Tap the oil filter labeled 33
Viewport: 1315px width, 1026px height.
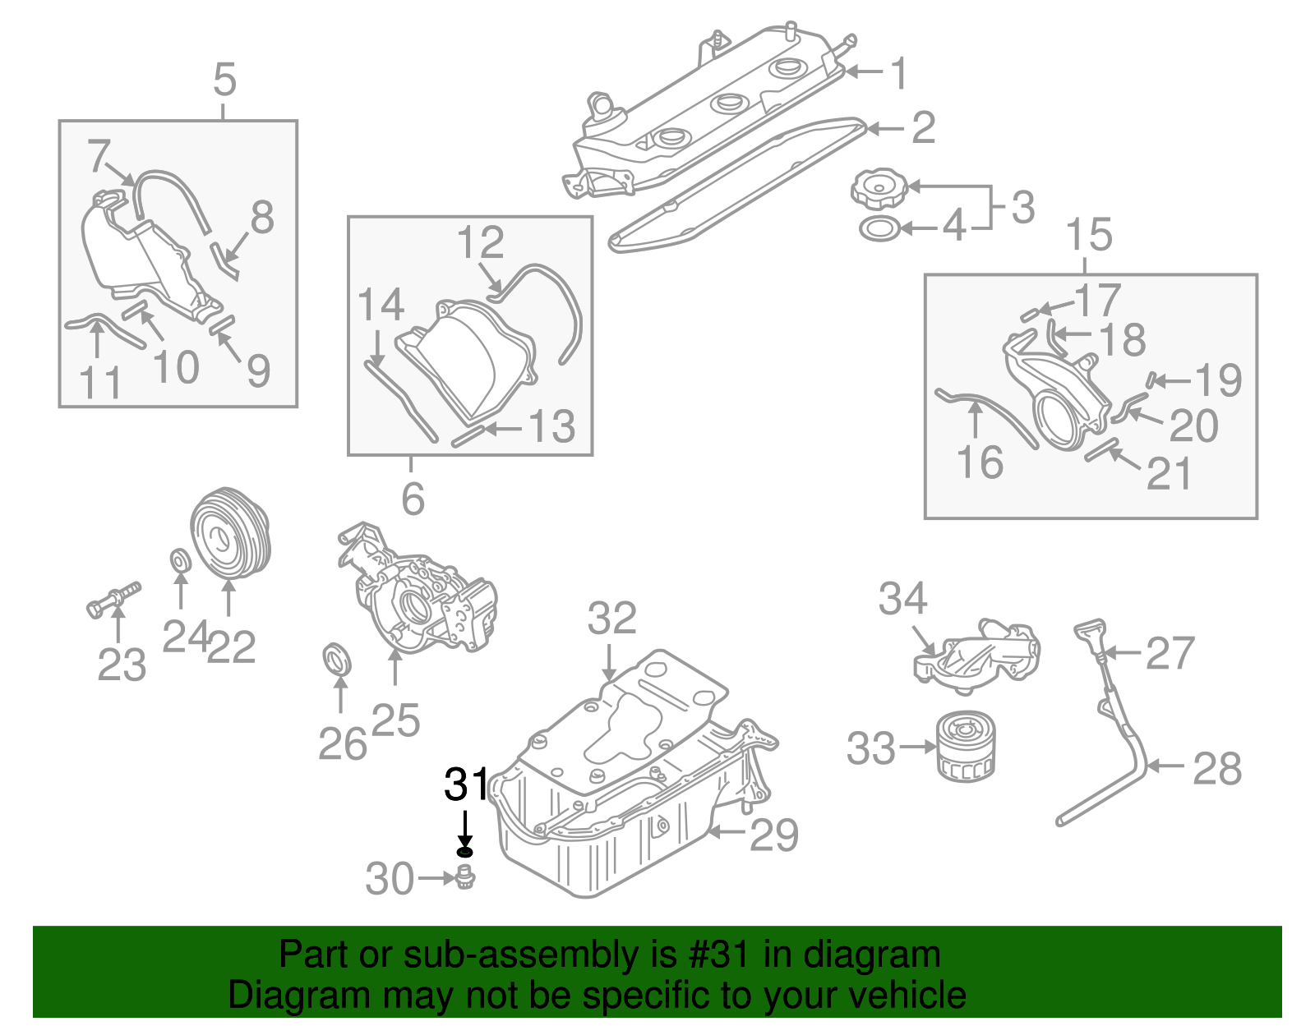tap(966, 746)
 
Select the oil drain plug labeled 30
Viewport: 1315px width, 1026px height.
tap(466, 878)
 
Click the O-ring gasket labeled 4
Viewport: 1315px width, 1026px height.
tap(879, 229)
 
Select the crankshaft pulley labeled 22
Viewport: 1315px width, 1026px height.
tap(229, 534)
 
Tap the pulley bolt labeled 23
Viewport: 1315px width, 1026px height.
tap(113, 599)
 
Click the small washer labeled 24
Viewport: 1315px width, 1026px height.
tap(179, 560)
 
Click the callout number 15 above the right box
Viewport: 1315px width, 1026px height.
tap(1089, 235)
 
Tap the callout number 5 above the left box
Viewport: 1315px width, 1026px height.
tap(224, 81)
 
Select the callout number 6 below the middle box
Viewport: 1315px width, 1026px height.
tap(413, 499)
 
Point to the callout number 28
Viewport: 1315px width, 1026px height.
tap(1216, 769)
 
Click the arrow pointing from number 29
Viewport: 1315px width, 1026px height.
tap(727, 832)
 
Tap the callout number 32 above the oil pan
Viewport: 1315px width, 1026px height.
tap(611, 619)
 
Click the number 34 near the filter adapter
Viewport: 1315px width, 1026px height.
tap(902, 599)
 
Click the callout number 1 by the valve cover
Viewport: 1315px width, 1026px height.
tap(900, 73)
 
